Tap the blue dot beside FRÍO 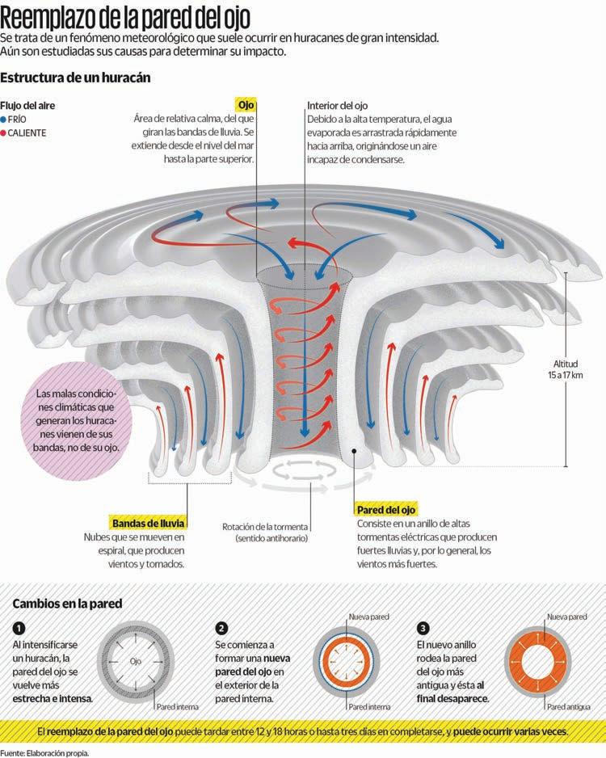click(x=4, y=119)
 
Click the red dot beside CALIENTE click(x=4, y=132)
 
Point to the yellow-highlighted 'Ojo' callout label click(x=246, y=105)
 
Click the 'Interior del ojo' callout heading click(x=337, y=106)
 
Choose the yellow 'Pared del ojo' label click(x=386, y=510)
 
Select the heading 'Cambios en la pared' click(x=67, y=604)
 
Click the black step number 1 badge click(x=19, y=628)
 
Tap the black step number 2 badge click(x=221, y=628)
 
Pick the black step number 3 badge click(x=423, y=628)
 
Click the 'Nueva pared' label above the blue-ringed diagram click(x=368, y=617)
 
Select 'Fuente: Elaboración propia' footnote click(x=44, y=752)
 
